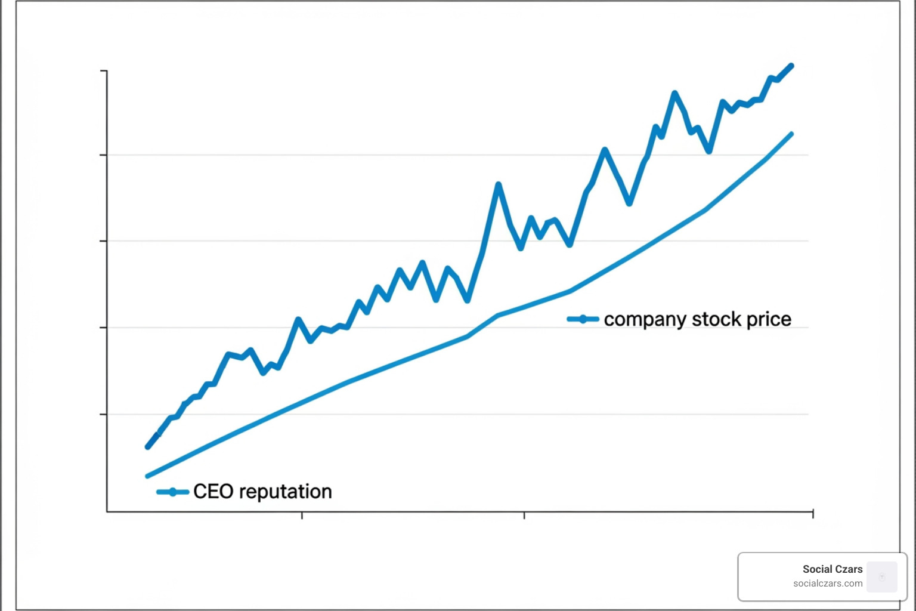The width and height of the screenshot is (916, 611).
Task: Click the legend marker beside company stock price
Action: click(x=583, y=319)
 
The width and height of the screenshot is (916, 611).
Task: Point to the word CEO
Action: click(x=213, y=492)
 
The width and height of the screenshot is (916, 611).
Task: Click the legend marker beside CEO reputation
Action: click(x=172, y=492)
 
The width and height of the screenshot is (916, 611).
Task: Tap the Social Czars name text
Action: click(x=832, y=569)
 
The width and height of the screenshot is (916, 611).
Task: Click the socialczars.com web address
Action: click(x=828, y=584)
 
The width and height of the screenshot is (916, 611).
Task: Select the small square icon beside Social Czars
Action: click(x=882, y=576)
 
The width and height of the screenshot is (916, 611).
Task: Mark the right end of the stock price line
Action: click(x=791, y=66)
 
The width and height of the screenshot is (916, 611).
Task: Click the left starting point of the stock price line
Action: click(x=148, y=446)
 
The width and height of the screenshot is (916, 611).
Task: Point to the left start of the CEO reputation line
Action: click(x=147, y=476)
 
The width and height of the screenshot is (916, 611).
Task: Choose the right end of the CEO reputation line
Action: click(x=792, y=134)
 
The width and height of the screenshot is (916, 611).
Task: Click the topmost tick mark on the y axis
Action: click(x=104, y=71)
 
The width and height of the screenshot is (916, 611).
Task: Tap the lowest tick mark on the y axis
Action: click(x=104, y=414)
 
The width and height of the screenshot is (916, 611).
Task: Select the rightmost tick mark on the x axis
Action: click(x=813, y=514)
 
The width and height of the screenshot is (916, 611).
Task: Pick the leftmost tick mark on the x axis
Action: click(x=302, y=515)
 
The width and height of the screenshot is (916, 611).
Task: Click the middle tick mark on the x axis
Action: click(x=524, y=515)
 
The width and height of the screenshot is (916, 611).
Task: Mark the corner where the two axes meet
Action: click(x=107, y=511)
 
